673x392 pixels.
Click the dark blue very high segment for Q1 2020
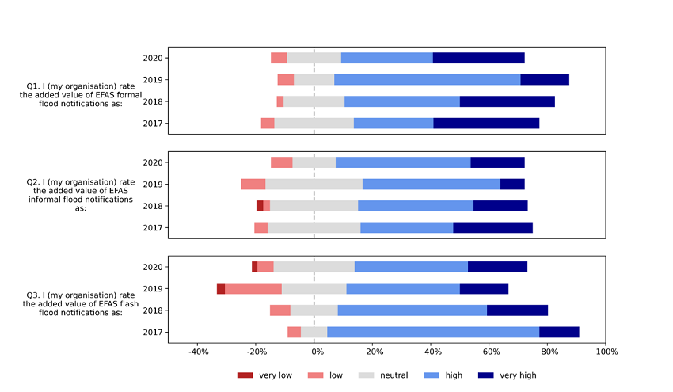[478, 58]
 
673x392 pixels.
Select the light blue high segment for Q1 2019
[427, 79]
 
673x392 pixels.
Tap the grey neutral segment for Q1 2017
[314, 123]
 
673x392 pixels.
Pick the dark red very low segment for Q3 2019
[221, 288]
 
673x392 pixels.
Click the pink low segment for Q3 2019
[253, 288]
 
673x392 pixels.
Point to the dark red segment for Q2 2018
[260, 206]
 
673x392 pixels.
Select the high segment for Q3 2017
[433, 332]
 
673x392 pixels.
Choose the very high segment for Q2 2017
[492, 228]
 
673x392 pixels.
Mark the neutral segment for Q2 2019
[314, 185]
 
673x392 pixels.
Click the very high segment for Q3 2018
[517, 310]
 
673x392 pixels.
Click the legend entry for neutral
[379, 375]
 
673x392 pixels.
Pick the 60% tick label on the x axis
[489, 352]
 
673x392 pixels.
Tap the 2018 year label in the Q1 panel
[153, 101]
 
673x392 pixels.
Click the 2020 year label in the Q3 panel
[153, 267]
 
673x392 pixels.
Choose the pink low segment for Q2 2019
[253, 185]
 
